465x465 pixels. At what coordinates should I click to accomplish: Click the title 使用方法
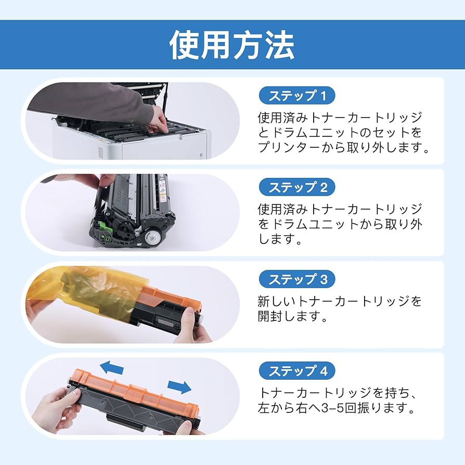click(232, 46)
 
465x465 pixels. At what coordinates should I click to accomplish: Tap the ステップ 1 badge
click(297, 96)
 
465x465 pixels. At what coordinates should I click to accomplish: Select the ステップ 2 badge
click(297, 187)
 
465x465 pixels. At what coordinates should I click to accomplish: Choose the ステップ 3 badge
click(297, 279)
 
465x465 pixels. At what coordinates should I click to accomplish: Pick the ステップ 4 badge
click(297, 371)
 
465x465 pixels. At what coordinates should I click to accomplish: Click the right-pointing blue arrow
click(179, 387)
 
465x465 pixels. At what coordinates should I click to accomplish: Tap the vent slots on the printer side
click(100, 152)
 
